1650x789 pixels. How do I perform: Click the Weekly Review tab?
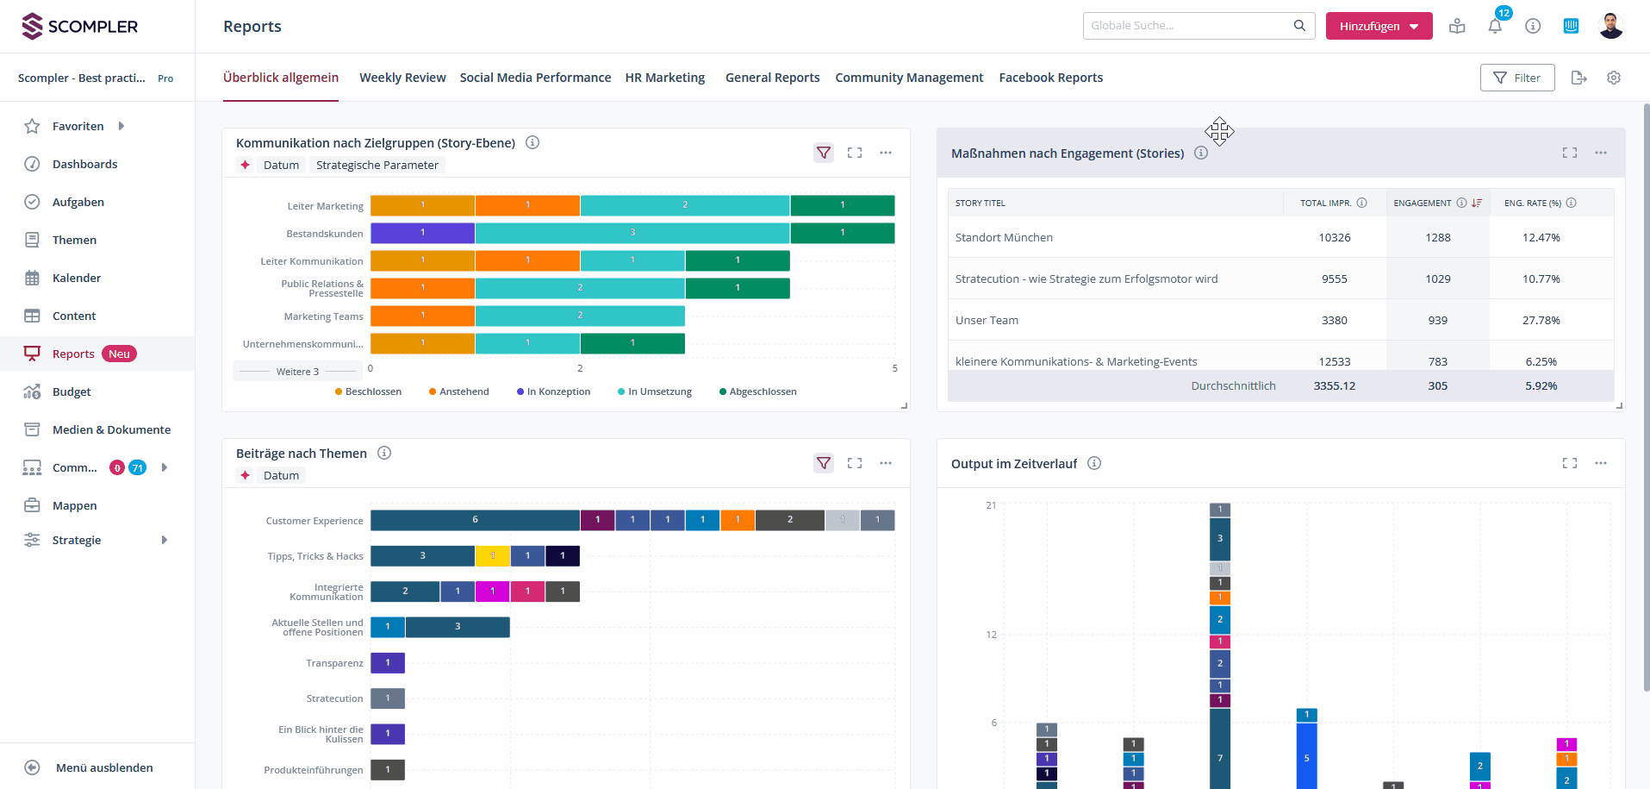click(x=402, y=78)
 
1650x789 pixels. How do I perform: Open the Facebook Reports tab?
click(x=1050, y=78)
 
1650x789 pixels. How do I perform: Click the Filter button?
click(x=1516, y=78)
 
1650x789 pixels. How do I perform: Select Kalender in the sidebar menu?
click(x=77, y=278)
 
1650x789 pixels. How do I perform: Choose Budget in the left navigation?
click(x=72, y=391)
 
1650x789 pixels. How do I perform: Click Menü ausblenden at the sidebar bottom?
click(x=104, y=767)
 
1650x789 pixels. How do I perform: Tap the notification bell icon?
click(x=1495, y=26)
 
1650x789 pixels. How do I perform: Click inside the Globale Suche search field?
click(x=1189, y=26)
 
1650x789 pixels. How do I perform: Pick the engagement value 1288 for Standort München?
click(x=1437, y=237)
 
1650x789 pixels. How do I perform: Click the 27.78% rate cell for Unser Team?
click(x=1541, y=320)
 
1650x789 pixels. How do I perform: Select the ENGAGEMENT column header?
click(x=1423, y=204)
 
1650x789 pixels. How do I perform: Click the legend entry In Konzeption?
click(x=557, y=391)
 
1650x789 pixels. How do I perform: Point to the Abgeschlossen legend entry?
click(x=762, y=391)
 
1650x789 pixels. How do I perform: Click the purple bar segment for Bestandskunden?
click(x=422, y=233)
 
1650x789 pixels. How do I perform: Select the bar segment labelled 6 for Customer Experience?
click(x=475, y=520)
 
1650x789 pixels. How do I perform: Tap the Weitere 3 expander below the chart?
click(x=297, y=372)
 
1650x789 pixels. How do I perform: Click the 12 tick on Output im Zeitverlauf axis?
click(x=991, y=635)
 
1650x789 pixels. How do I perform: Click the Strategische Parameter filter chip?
click(x=377, y=165)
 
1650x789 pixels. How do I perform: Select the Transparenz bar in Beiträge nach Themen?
click(x=388, y=663)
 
